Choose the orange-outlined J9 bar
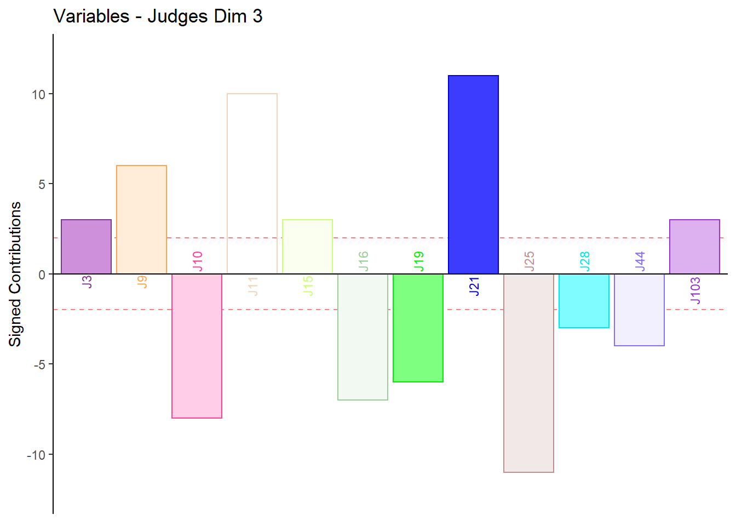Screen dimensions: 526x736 click(x=141, y=219)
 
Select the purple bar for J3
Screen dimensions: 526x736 click(x=86, y=247)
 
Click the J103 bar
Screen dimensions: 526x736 click(x=694, y=247)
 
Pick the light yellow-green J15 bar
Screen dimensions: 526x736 click(x=307, y=247)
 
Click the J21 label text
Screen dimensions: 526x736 click(x=474, y=287)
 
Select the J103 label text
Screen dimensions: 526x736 click(x=695, y=290)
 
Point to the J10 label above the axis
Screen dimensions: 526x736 click(x=198, y=261)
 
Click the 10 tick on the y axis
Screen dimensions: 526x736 click(x=38, y=94)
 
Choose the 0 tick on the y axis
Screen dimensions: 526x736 click(x=42, y=275)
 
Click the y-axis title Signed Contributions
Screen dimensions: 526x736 click(x=15, y=274)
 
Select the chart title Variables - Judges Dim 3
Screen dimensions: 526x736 click(x=158, y=16)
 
